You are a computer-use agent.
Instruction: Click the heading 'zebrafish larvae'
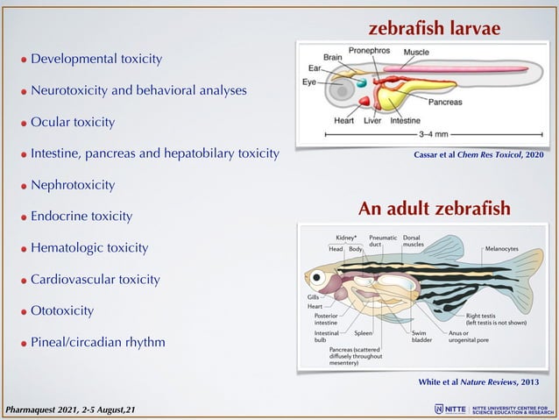[434, 29]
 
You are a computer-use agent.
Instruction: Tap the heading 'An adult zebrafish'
[435, 210]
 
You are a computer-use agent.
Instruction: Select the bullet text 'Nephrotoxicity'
[73, 185]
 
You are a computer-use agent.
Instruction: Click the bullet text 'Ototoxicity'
[62, 310]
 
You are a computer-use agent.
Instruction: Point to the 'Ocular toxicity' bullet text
[73, 122]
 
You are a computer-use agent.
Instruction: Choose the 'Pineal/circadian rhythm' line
[98, 341]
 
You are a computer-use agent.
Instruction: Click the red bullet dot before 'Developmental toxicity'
[25, 61]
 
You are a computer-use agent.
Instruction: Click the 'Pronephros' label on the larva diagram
[370, 52]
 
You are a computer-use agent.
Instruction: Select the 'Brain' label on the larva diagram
[333, 58]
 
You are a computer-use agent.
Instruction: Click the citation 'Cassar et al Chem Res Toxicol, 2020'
[477, 155]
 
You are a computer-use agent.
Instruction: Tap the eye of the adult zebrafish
[318, 280]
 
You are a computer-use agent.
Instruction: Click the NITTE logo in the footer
[451, 409]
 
